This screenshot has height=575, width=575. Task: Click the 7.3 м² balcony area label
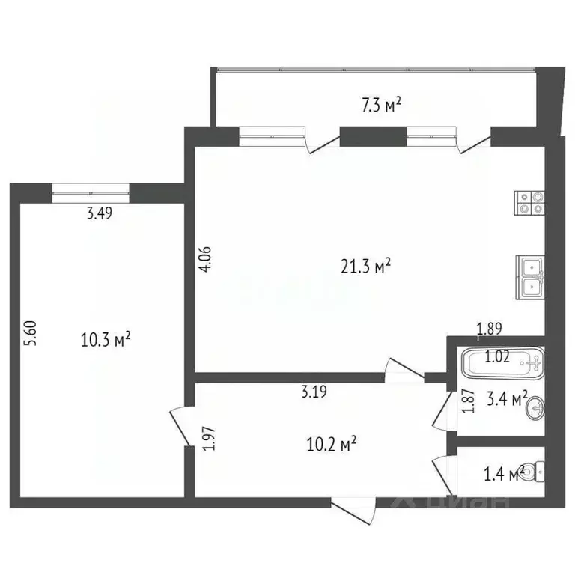pos(381,106)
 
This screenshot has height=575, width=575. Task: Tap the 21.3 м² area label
pos(363,266)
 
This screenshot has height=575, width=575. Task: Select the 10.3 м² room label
pos(106,341)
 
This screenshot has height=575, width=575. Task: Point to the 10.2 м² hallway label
pos(329,445)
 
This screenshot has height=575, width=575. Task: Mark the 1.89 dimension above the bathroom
pos(490,327)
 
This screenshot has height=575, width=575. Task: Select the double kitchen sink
pos(530,277)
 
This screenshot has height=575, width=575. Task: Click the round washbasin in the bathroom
pos(535,408)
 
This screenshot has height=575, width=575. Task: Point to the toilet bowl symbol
pos(533,472)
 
